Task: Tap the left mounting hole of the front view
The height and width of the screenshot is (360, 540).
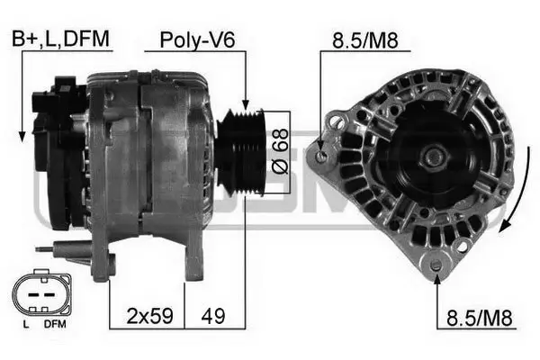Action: (320, 157)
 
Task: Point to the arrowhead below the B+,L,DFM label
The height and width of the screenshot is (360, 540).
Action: (21, 137)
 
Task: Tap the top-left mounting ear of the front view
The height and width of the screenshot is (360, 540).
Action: (337, 119)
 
